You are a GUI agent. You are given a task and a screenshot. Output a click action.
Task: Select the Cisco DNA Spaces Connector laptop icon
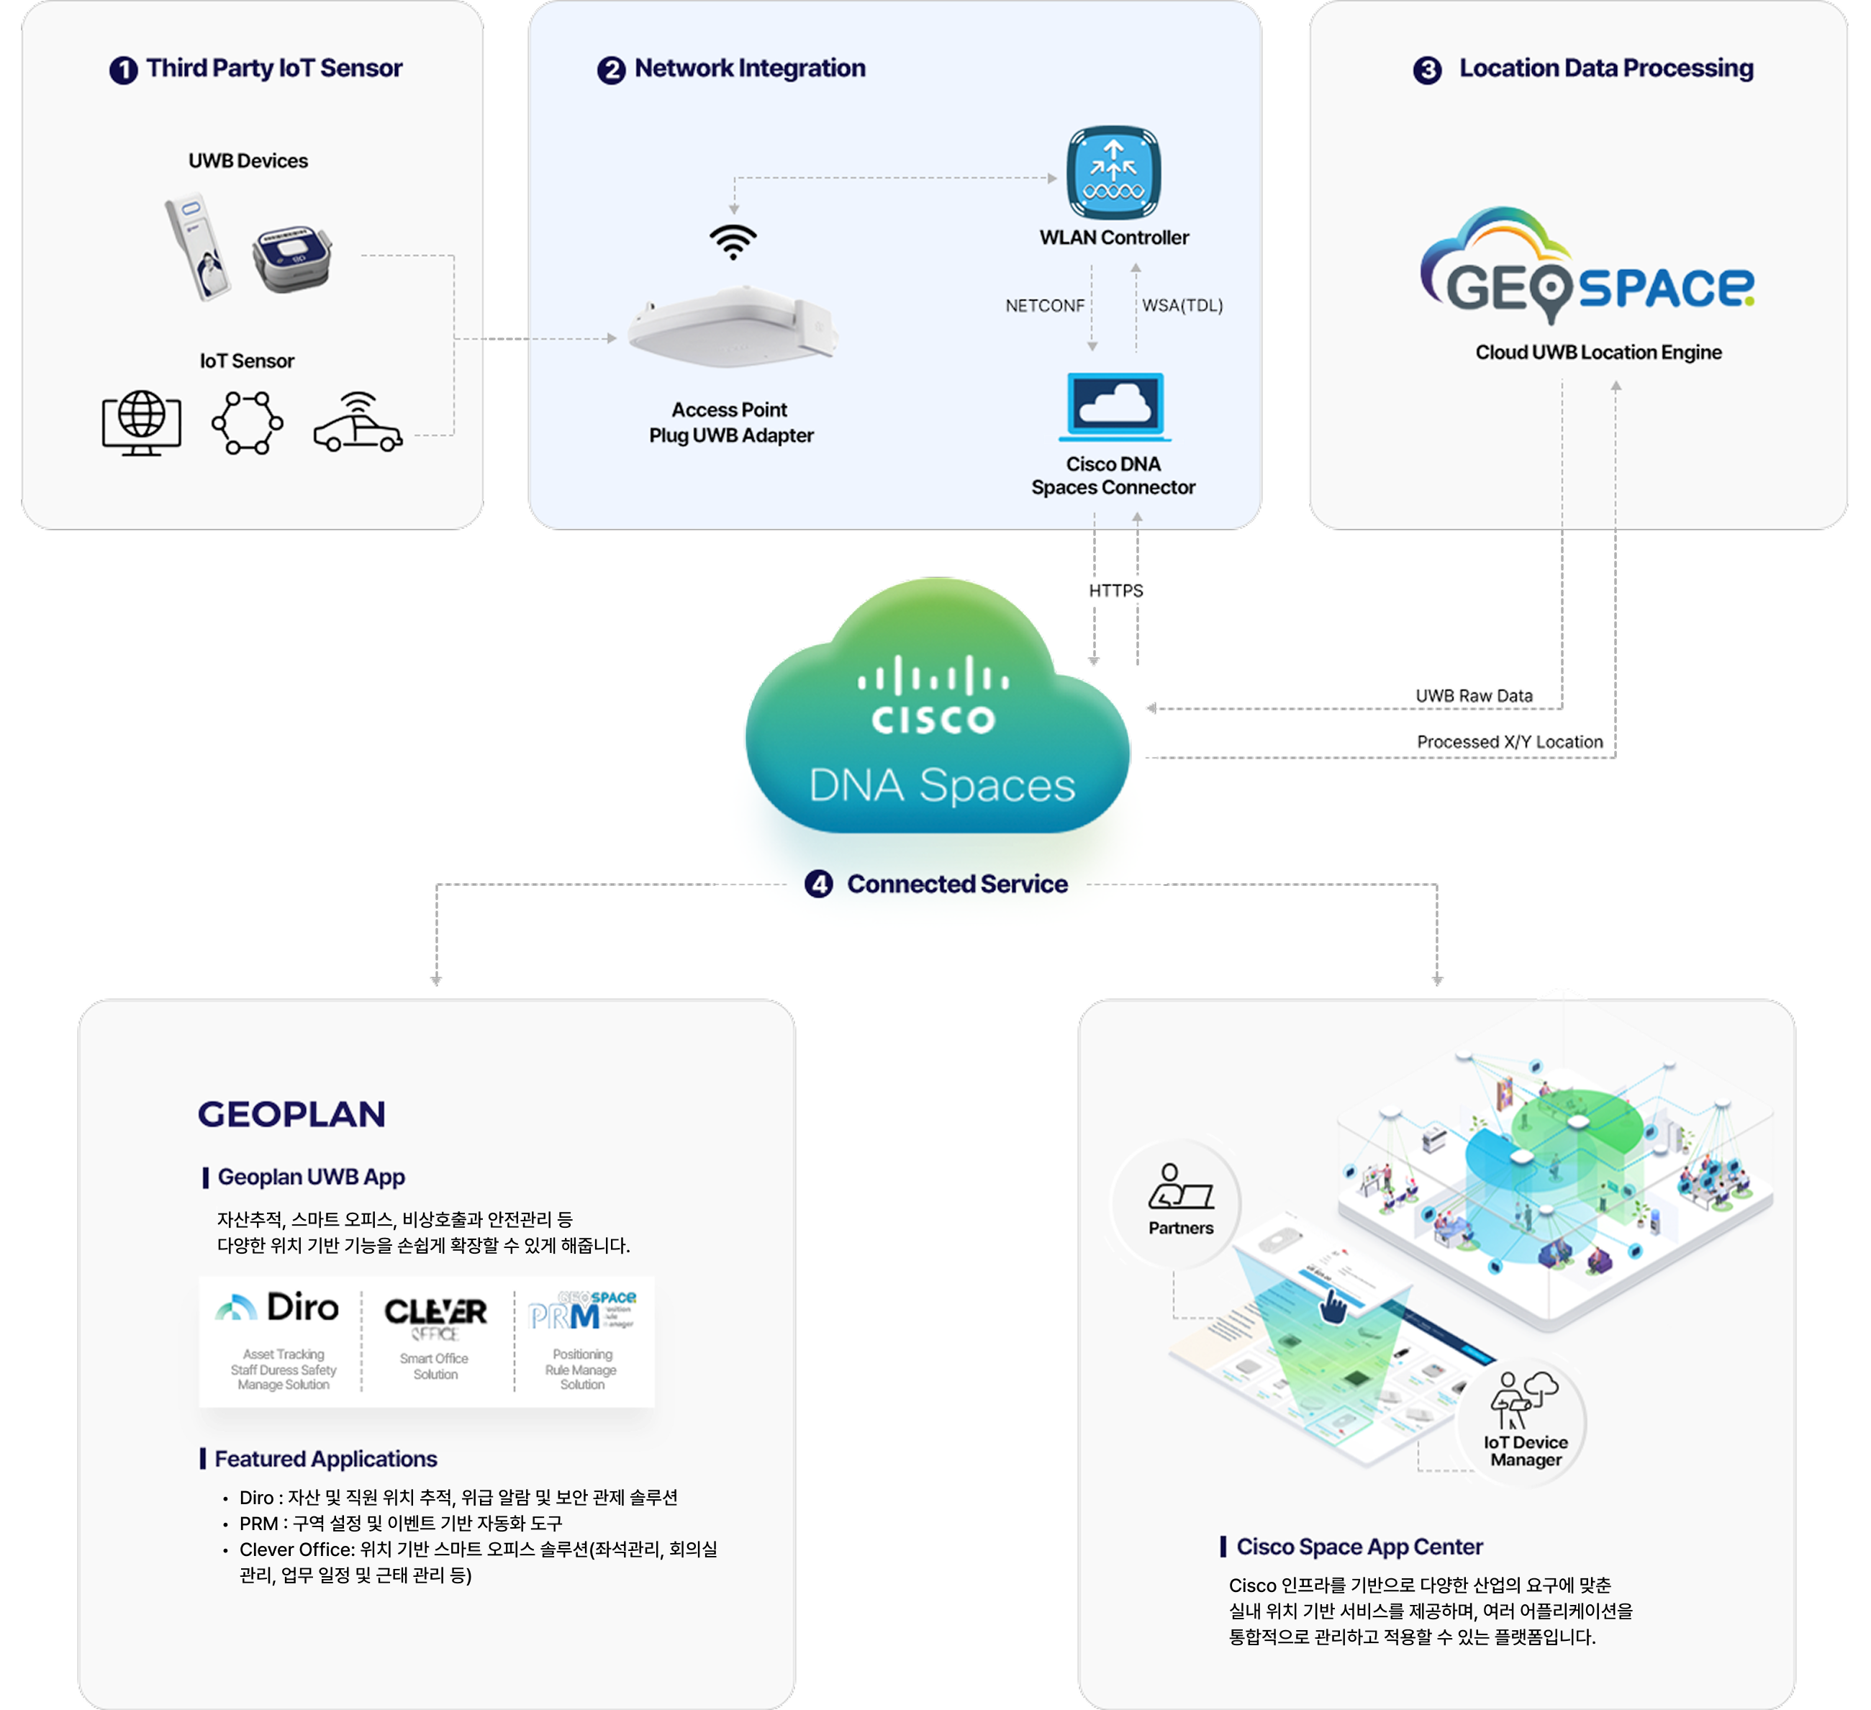coord(1115,406)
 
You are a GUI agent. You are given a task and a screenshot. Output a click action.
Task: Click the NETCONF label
coord(1044,305)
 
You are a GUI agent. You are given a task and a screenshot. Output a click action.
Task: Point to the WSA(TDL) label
coord(1182,305)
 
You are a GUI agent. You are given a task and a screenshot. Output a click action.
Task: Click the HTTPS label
coord(1115,590)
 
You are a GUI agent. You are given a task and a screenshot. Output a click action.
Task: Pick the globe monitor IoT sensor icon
coord(141,422)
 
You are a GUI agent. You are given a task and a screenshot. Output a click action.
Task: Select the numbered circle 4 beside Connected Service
coord(817,884)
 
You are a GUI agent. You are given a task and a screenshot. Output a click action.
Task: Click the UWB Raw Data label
coord(1474,695)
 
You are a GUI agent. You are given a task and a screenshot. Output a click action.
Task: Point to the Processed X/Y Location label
coord(1509,742)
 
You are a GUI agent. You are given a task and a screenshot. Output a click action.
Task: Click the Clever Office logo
coord(435,1316)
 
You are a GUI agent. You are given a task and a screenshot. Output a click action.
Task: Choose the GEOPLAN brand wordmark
coord(291,1114)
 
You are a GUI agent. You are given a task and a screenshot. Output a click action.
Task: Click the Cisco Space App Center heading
coord(1359,1547)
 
